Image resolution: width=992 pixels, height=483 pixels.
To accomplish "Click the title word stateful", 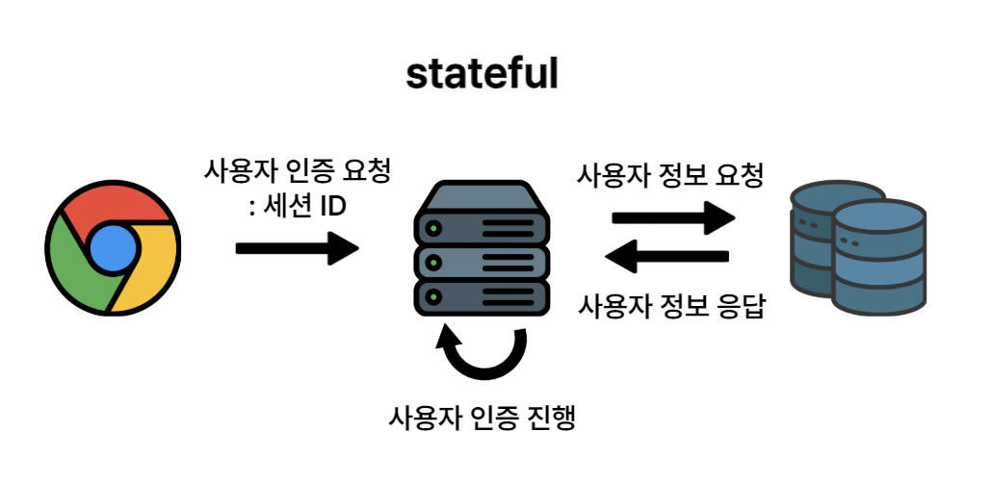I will pyautogui.click(x=482, y=73).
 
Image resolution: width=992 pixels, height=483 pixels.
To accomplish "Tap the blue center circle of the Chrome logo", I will pyautogui.click(x=111, y=248).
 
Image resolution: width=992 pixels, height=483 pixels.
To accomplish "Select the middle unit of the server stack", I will pyautogui.click(x=482, y=261).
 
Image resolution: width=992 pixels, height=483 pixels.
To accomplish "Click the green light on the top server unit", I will pyautogui.click(x=434, y=229).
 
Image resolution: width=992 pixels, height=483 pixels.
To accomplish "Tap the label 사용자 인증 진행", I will pyautogui.click(x=482, y=419).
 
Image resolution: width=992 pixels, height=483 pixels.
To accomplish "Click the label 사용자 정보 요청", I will pyautogui.click(x=670, y=176).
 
